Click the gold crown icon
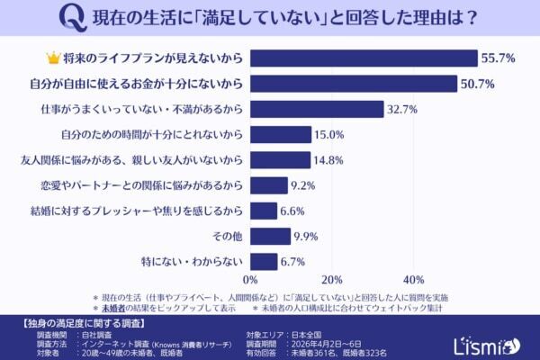pos(52,58)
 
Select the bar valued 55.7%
pos(364,58)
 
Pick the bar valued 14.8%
pos(280,160)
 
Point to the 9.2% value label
pos(303,185)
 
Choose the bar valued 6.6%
pos(264,211)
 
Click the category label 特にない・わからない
pos(197,262)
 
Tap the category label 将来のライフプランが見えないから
pos(154,58)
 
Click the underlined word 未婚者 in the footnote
pos(112,306)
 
